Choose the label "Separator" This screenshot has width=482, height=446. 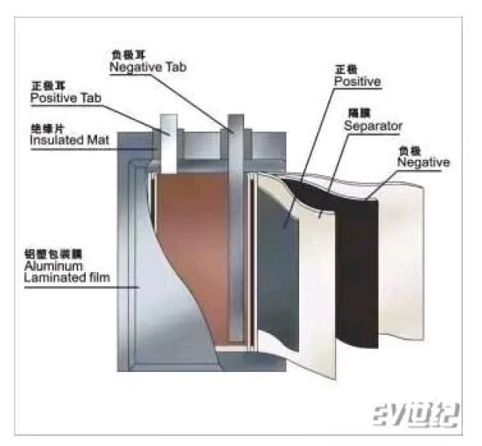pyautogui.click(x=373, y=125)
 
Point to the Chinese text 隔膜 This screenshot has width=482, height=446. pyautogui.click(x=357, y=112)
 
